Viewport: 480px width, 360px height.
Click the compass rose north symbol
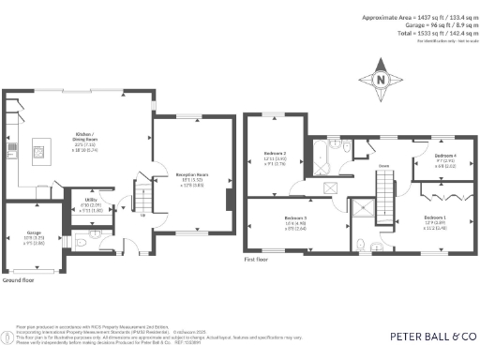(x=380, y=79)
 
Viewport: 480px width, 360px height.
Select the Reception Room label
(x=191, y=174)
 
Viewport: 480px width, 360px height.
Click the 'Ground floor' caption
(x=19, y=279)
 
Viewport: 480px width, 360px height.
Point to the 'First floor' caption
(x=257, y=259)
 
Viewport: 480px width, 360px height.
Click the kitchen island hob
(x=39, y=148)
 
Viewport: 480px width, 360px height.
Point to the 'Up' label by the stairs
(x=142, y=217)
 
